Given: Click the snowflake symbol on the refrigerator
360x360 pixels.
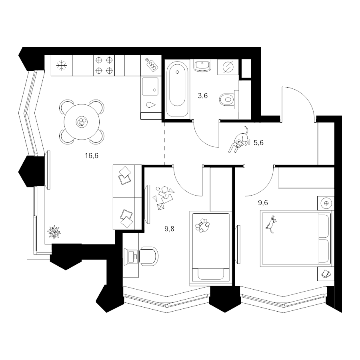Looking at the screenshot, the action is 62,66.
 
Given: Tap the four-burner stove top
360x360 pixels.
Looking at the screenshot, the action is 104,66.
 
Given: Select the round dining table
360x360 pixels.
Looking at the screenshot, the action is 82,122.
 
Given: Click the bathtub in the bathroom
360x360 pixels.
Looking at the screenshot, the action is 177,88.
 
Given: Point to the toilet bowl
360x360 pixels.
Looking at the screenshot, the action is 227,100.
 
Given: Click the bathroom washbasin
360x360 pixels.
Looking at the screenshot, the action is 202,66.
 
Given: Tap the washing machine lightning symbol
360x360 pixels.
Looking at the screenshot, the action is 228,68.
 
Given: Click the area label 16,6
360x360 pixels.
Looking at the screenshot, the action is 92,156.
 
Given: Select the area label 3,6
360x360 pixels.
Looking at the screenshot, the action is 203,96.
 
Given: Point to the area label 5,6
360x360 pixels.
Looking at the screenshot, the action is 258,143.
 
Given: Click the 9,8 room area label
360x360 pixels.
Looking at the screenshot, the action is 170,229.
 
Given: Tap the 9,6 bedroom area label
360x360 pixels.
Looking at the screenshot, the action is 263,203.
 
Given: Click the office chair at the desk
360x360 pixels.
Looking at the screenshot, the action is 149,256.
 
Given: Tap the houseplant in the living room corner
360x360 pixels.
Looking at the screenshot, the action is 54,232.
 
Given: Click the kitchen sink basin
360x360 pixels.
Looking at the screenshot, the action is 150,86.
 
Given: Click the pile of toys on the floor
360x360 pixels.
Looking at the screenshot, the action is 164,197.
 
